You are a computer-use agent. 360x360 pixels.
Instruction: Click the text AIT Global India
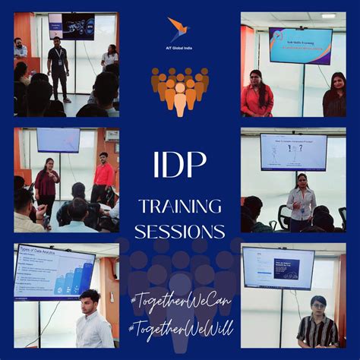(x=179, y=48)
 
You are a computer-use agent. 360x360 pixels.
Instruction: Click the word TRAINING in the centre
(x=180, y=207)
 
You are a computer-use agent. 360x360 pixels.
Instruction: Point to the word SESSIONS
(x=180, y=230)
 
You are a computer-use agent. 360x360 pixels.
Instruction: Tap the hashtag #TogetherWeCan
(x=180, y=301)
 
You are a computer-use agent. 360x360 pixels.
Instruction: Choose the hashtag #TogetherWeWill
(x=180, y=329)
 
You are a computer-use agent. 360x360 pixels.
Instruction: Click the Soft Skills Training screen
(x=299, y=45)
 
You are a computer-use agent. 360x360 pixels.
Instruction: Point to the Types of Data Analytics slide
(x=54, y=271)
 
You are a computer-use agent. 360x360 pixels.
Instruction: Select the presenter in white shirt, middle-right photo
(x=302, y=201)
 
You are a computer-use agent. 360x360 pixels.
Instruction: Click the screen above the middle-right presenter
(x=292, y=152)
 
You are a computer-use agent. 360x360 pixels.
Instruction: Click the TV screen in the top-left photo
(x=71, y=26)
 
